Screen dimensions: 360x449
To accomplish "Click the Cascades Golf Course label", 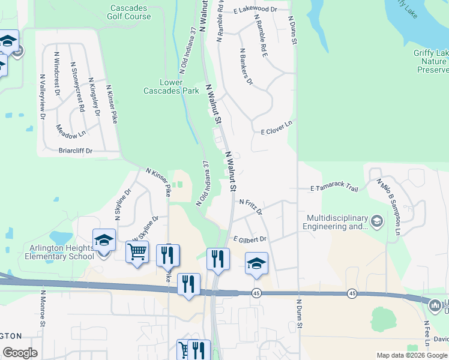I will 130,13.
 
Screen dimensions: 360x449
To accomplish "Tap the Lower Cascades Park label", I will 171,86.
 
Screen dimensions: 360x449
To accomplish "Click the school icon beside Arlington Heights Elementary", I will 104,241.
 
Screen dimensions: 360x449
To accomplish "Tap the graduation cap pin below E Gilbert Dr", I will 256,263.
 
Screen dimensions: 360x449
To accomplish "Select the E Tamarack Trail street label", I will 334,188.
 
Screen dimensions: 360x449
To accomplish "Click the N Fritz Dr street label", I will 251,207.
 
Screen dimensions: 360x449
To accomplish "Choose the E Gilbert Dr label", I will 250,239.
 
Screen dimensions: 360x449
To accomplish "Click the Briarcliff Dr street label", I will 75,151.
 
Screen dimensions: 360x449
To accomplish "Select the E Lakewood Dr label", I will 255,10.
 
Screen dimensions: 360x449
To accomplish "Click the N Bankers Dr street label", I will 246,67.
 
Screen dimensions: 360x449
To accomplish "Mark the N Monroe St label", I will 43,308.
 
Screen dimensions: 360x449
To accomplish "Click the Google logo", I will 20,353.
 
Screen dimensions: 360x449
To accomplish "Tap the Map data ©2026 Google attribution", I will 411,355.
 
